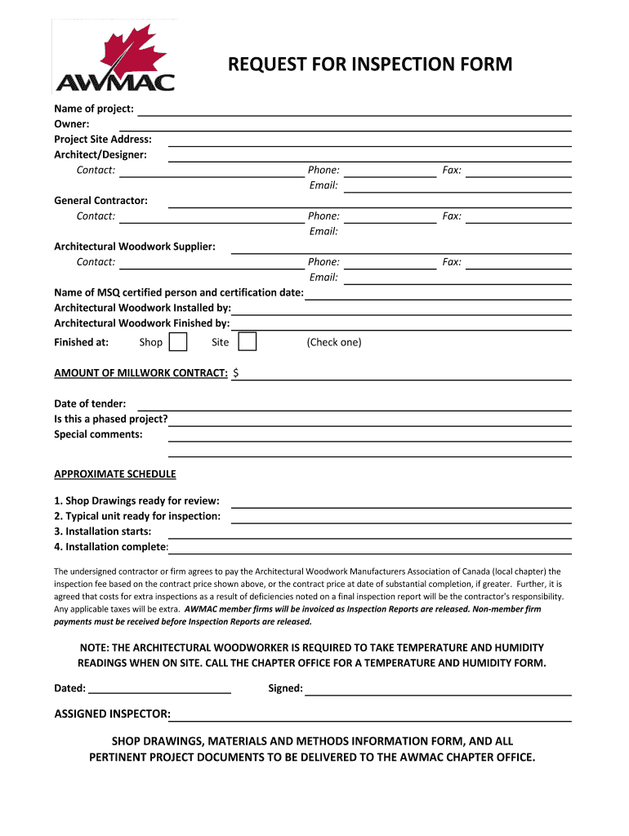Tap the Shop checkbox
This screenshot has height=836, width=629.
177,342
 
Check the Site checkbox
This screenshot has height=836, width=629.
247,342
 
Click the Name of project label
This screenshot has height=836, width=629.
94,109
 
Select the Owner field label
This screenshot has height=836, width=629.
72,124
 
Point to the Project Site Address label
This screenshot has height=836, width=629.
103,140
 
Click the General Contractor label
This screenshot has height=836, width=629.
100,200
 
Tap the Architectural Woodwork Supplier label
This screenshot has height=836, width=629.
135,246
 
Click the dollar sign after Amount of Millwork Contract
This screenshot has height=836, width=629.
236,373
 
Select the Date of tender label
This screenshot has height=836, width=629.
90,403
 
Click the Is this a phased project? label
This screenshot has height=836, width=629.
111,419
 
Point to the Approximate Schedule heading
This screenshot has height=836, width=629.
114,474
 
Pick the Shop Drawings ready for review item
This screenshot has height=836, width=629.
136,500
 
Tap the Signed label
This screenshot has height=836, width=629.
285,688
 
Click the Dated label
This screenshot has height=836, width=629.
70,688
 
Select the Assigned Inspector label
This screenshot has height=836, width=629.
112,714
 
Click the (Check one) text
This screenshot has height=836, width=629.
334,342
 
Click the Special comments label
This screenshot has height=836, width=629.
98,434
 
